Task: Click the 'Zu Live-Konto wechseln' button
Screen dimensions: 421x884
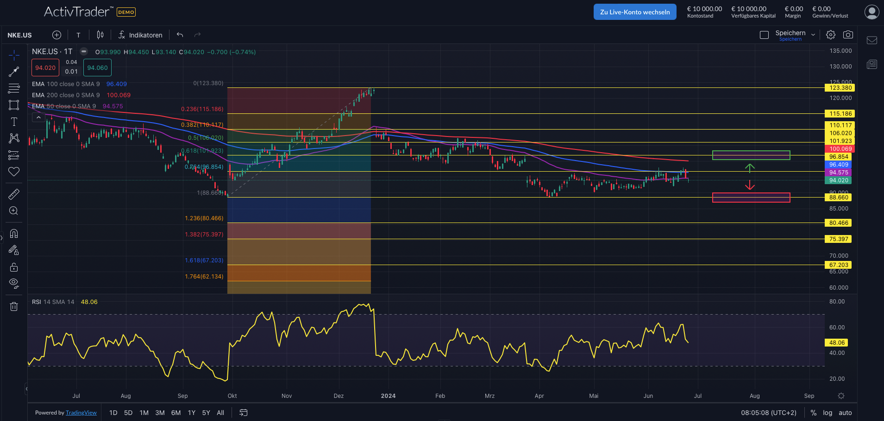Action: coord(634,12)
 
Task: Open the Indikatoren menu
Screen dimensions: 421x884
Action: coord(140,35)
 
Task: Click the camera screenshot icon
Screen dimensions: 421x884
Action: coord(848,35)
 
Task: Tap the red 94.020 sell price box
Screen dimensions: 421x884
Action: coord(45,68)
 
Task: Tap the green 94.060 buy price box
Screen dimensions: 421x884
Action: coord(97,68)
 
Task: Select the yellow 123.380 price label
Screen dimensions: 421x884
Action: coord(840,88)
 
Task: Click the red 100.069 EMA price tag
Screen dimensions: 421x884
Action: coord(840,149)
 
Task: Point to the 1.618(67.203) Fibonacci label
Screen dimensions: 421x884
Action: coord(204,260)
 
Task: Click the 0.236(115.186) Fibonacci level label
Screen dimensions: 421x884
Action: coord(202,109)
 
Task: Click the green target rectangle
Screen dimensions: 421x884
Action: coord(751,155)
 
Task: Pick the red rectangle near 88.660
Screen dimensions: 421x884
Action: coord(751,198)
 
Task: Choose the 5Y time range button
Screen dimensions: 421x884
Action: coord(206,413)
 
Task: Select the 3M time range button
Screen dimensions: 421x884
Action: coord(160,413)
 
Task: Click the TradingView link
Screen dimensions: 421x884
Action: coord(81,413)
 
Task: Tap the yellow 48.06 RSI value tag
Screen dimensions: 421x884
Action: coord(837,343)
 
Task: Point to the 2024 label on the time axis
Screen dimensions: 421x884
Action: coord(388,396)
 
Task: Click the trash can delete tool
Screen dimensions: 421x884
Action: coord(14,306)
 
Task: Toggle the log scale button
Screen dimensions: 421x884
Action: coord(828,413)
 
